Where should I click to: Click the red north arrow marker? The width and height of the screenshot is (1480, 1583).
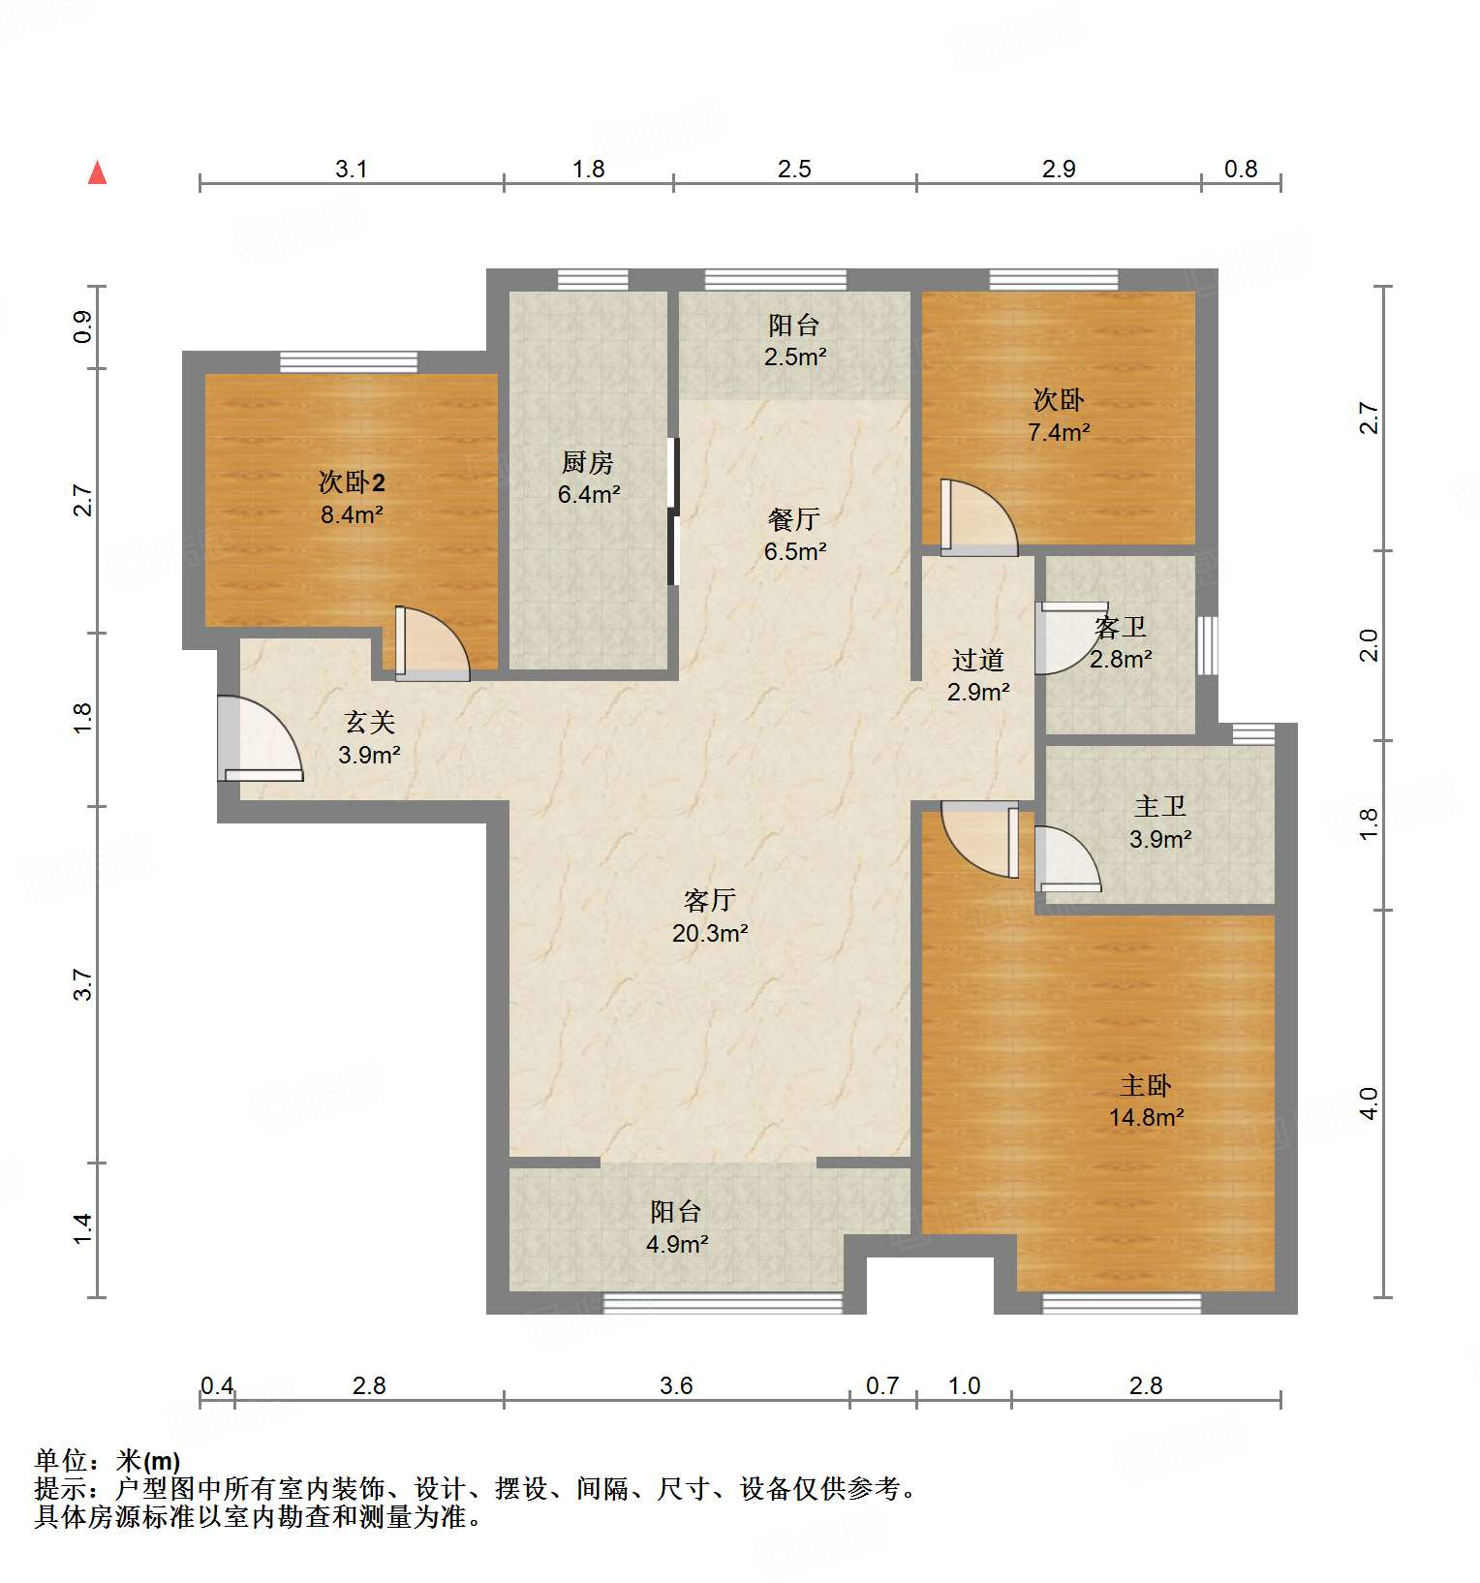(97, 172)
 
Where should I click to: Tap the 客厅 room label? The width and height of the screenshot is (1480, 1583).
(709, 901)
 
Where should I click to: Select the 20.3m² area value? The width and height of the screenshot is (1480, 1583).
(709, 933)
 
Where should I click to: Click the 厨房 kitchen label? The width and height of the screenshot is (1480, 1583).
(588, 462)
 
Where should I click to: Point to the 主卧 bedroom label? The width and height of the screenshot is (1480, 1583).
(1146, 1085)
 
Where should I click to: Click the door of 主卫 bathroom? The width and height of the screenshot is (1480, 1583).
(1066, 858)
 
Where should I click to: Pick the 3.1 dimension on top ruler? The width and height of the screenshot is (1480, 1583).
(351, 169)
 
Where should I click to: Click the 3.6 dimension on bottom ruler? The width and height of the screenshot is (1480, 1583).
(676, 1385)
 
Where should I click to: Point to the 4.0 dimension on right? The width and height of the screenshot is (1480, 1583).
(1369, 1103)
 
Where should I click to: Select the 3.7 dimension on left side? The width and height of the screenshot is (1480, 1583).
(83, 984)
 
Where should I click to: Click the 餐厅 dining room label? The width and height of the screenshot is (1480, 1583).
(793, 519)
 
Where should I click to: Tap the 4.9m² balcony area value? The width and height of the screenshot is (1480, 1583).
(677, 1244)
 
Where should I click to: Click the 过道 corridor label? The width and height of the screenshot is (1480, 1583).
(977, 661)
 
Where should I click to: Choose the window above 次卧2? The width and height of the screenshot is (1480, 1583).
(349, 362)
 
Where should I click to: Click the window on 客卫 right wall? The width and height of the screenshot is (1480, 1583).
(1207, 645)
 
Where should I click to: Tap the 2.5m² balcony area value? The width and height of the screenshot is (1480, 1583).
(794, 357)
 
